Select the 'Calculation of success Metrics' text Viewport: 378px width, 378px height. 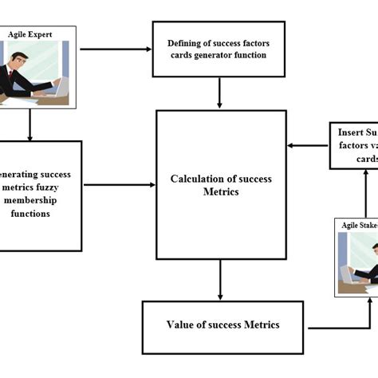[220, 184]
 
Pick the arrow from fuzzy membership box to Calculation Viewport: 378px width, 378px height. [119, 185]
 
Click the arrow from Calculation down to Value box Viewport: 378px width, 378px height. [220, 280]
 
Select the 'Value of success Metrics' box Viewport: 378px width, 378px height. [222, 325]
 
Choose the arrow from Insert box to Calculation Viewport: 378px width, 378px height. [309, 145]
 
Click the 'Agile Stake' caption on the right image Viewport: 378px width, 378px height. [359, 226]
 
